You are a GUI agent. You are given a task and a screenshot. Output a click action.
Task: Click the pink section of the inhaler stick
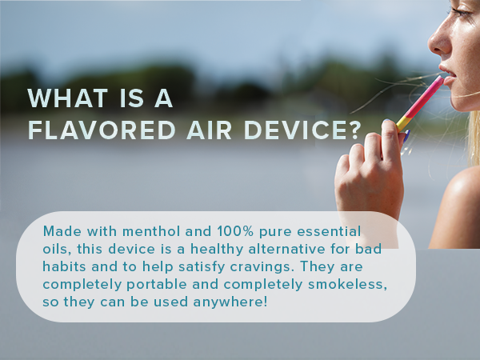point(425,97)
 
